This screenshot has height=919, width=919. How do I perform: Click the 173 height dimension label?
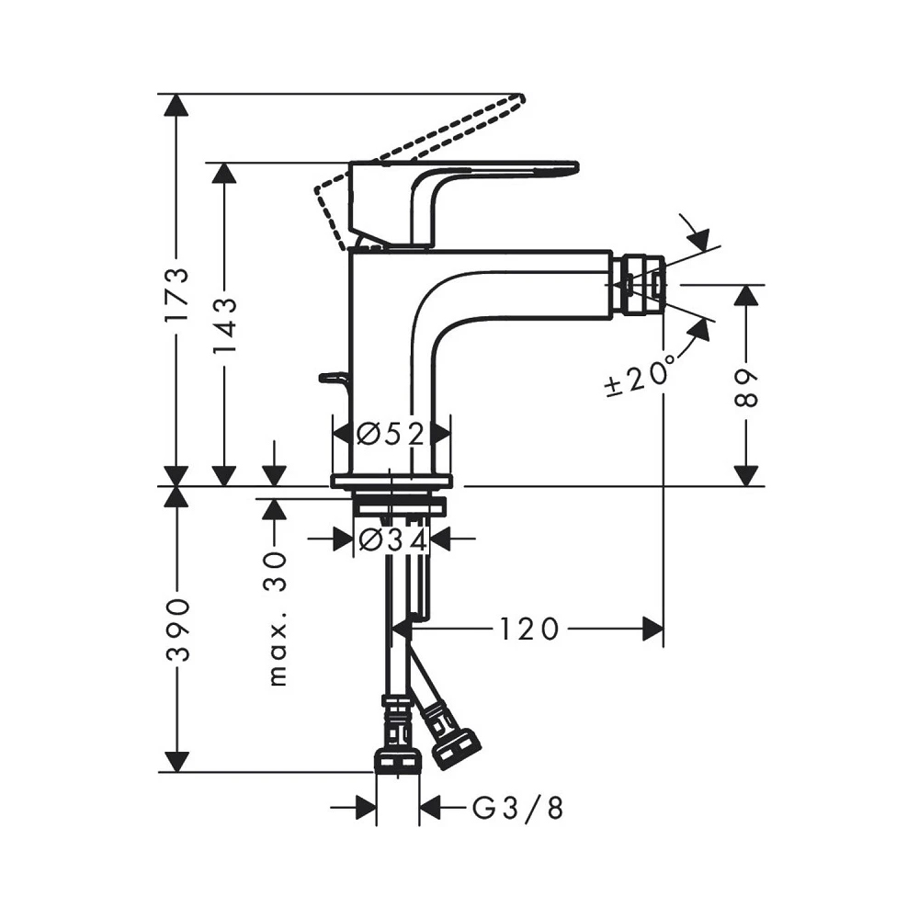[x=176, y=294]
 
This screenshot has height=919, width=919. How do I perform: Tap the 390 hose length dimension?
[x=176, y=630]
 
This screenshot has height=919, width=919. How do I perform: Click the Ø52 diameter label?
[x=391, y=433]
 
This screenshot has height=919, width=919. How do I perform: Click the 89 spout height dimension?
[x=748, y=386]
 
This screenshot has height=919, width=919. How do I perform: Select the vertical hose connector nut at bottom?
[x=398, y=759]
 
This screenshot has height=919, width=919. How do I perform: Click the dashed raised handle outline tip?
[x=517, y=99]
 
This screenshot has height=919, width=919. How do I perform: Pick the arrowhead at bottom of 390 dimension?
[x=176, y=762]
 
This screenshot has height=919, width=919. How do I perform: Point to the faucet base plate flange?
[x=392, y=481]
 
